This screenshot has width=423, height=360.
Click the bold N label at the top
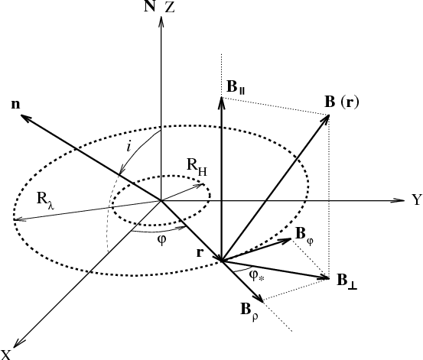tap(150, 6)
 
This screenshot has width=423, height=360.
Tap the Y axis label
tap(417, 199)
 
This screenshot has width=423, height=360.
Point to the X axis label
tap(5, 355)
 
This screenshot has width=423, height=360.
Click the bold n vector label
tap(15, 104)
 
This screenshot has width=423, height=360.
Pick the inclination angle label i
tap(129, 147)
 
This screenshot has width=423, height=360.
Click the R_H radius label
tap(197, 167)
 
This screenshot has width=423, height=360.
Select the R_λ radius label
tap(46, 201)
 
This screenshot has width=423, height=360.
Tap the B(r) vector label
tap(342, 102)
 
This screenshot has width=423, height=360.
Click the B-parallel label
tap(236, 87)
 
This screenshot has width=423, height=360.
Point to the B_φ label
tap(304, 235)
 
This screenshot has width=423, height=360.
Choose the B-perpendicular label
tap(347, 281)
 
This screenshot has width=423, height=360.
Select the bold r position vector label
tap(200, 252)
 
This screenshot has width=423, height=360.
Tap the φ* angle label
tap(257, 276)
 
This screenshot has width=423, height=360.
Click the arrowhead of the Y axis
tap(401, 200)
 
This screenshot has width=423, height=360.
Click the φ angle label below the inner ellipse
tap(161, 240)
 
